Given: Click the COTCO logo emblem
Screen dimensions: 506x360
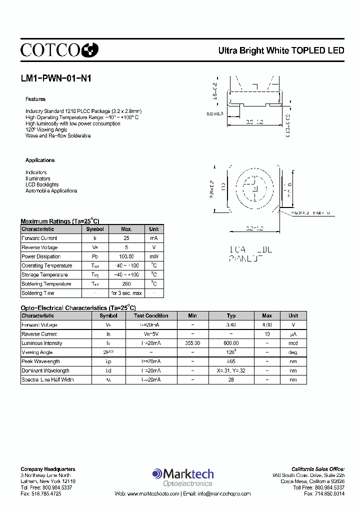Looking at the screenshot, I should click(x=90, y=49).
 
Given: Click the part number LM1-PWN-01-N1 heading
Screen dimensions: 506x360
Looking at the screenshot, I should click(x=56, y=78).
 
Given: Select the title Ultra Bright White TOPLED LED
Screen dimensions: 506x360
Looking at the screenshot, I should click(x=281, y=50).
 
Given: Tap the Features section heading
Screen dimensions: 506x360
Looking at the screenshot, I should click(x=35, y=99).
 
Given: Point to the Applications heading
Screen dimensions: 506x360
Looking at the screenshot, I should click(x=40, y=160).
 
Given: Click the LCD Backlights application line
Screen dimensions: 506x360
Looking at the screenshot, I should click(x=42, y=184).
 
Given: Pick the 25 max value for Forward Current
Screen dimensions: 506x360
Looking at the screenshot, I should click(x=126, y=238).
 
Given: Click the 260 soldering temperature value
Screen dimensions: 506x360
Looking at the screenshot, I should click(x=126, y=284).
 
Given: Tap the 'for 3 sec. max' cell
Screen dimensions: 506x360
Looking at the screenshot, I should click(x=126, y=293).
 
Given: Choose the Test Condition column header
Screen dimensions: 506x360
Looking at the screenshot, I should click(x=151, y=315).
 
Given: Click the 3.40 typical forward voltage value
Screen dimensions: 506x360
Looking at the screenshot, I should click(x=231, y=324).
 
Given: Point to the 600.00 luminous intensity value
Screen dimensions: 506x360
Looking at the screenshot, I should click(x=231, y=343).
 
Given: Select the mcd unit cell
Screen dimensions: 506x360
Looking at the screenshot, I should click(x=293, y=343).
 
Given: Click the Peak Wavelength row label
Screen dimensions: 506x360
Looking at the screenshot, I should click(x=40, y=361).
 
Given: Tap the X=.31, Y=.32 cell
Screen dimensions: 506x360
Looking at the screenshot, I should click(x=231, y=370).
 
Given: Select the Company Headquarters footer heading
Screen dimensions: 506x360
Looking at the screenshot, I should click(x=48, y=469).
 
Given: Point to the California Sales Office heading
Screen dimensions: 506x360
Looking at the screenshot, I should click(x=318, y=469).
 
